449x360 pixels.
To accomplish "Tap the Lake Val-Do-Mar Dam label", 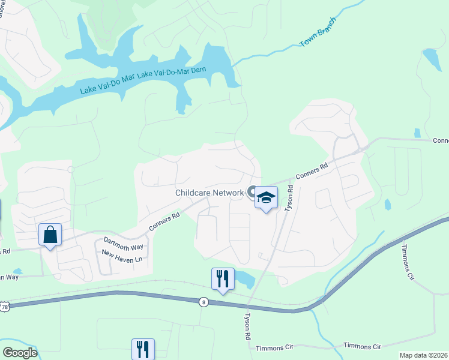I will tap(172, 73).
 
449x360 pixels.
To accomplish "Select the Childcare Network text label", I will tap(209, 193).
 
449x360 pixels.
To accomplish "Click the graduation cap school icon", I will tap(266, 197).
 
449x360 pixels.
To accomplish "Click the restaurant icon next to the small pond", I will tap(222, 278).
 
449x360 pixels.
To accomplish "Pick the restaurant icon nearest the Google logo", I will tap(143, 349).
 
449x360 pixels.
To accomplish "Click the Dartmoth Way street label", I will tap(124, 244).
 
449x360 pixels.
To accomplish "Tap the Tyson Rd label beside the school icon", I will tap(289, 197).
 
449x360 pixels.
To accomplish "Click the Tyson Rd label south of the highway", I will tap(247, 326).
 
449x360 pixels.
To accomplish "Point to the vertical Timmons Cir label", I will tap(408, 263).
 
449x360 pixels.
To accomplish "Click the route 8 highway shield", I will tap(204, 302).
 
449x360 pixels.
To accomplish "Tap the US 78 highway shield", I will tap(4, 305).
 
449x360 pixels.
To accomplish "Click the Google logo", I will tap(19, 352).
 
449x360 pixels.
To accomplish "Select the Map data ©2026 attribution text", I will tap(423, 355).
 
